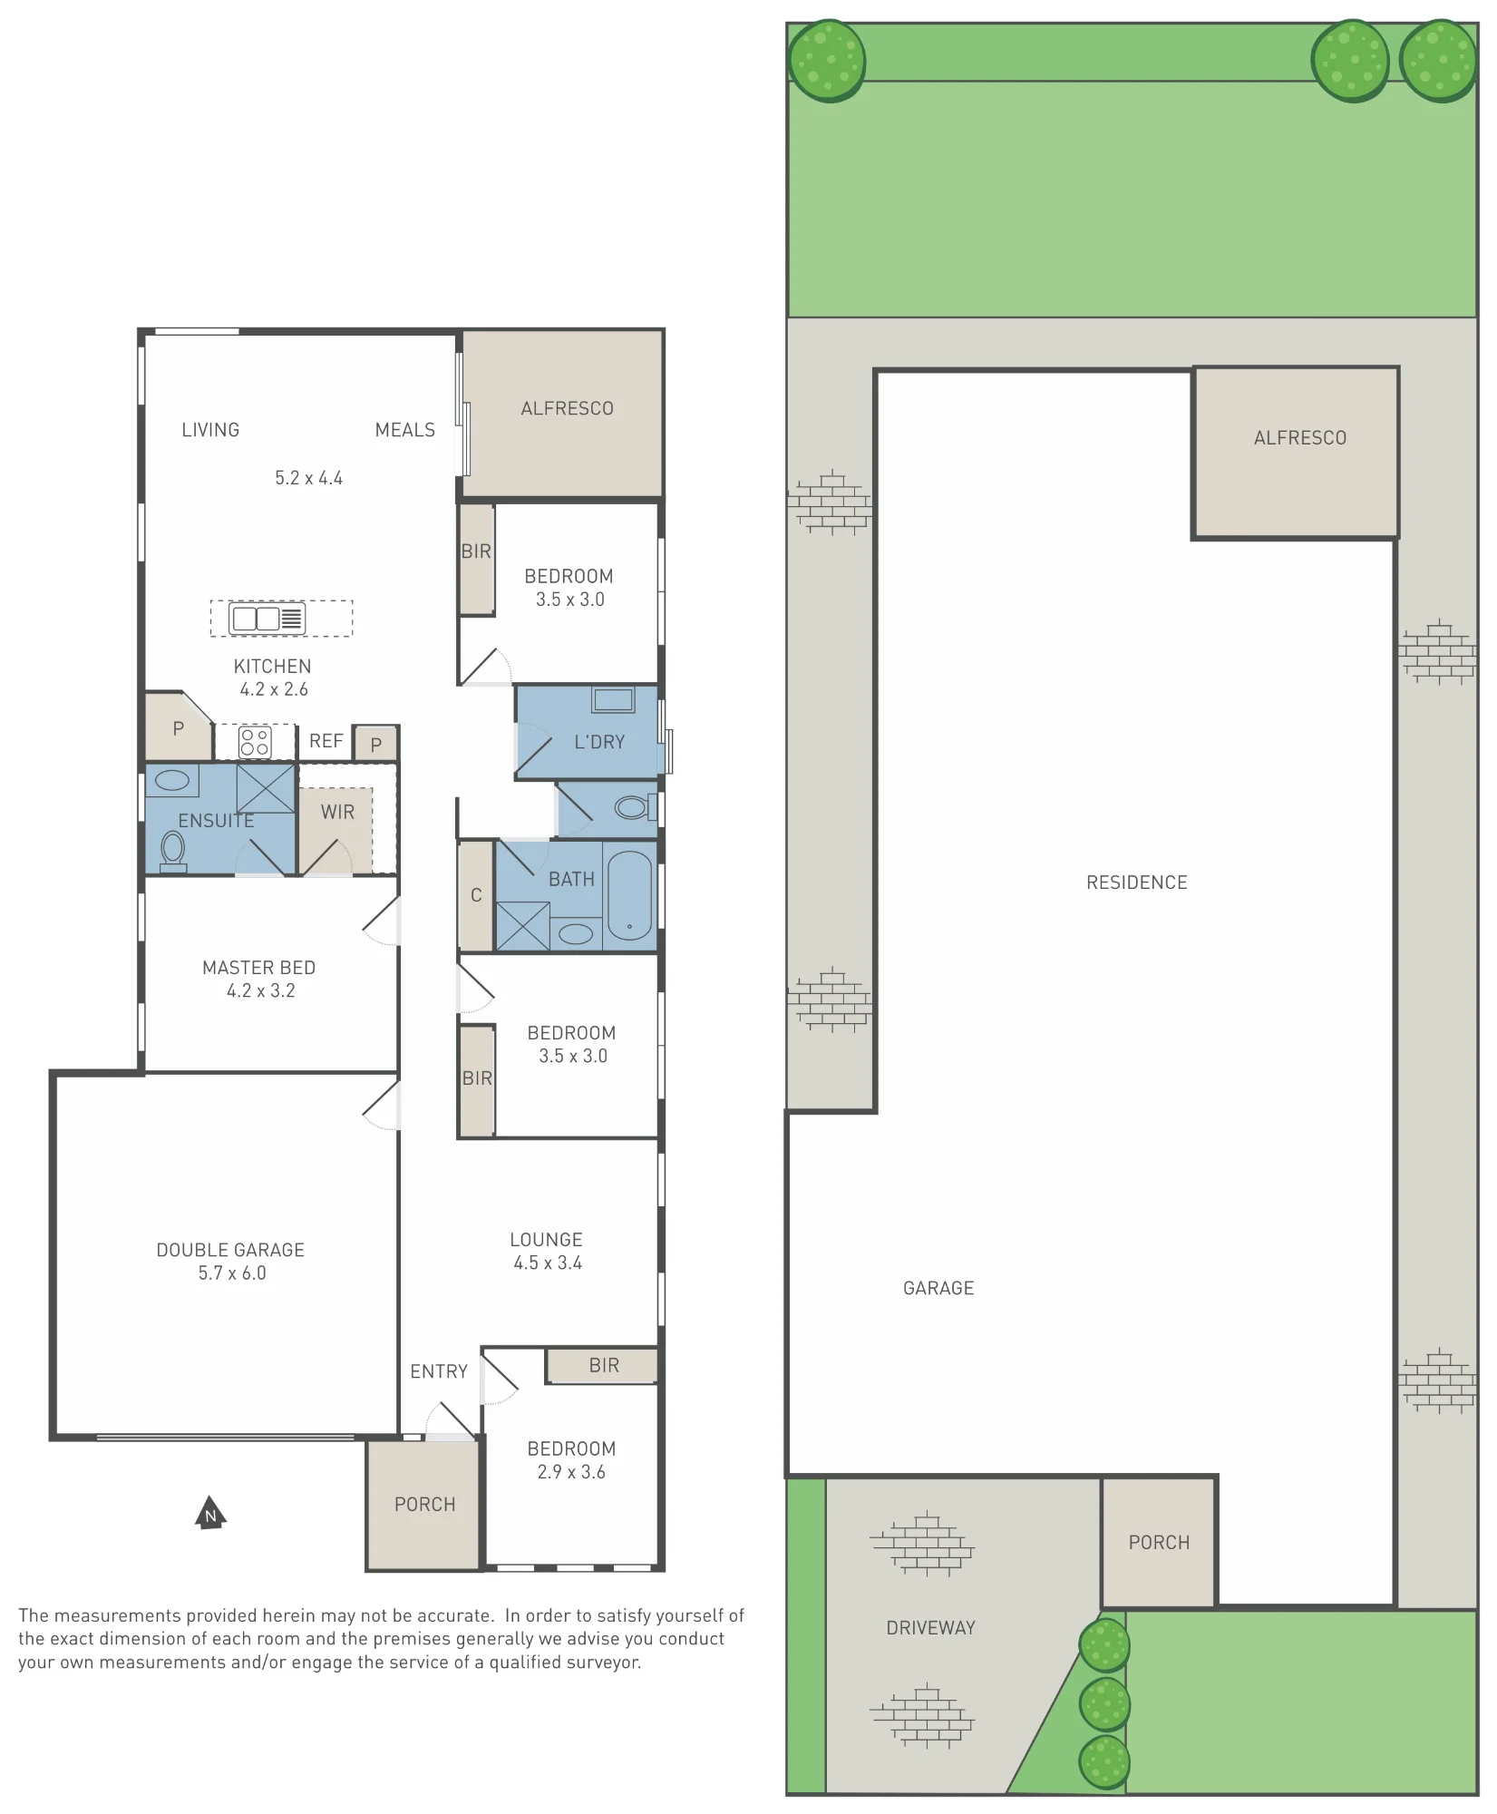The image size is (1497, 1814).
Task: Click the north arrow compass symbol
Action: click(210, 1513)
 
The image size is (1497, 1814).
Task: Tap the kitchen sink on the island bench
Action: click(267, 619)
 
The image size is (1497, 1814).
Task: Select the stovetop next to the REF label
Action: click(255, 742)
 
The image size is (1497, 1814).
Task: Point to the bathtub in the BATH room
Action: click(629, 895)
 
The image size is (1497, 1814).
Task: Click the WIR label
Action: click(337, 813)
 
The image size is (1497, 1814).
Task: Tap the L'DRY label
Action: click(599, 742)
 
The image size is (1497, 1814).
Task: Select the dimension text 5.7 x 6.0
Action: click(232, 1273)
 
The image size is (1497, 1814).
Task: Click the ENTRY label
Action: click(439, 1371)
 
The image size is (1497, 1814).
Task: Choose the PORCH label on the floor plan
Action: click(424, 1505)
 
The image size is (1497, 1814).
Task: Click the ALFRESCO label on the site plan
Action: click(1299, 438)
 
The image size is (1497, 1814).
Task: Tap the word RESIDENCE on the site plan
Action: click(1136, 883)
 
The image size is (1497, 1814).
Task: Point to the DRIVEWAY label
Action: click(930, 1628)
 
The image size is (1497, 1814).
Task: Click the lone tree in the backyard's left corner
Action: click(827, 61)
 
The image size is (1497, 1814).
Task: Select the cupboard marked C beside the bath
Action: click(476, 896)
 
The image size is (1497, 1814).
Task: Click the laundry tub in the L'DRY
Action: click(614, 700)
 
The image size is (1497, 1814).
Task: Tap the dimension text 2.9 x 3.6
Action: click(571, 1472)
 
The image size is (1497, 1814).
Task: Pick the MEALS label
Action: click(405, 430)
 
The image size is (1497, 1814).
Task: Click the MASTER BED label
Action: click(258, 968)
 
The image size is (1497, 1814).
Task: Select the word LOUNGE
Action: click(546, 1240)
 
